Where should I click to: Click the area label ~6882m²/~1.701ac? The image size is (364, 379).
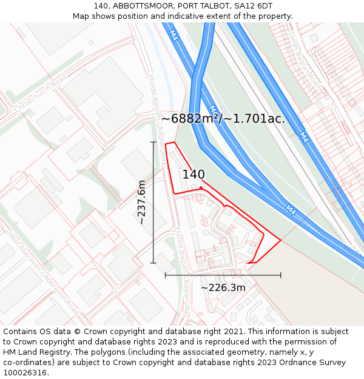pos(223,119)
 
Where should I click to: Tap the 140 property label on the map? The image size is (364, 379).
pos(194,175)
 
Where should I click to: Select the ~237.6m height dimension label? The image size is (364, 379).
pos(141,202)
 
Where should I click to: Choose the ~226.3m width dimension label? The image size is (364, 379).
pos(223,287)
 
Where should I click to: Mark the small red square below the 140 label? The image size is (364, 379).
pos(200,188)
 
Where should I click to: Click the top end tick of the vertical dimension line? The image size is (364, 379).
pos(153,142)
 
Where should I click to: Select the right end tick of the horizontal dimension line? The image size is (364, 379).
pos(281,275)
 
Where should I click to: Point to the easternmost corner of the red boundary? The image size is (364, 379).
pos(281,240)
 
